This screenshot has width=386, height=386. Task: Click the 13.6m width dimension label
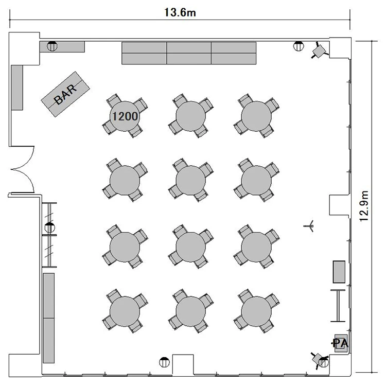(180, 12)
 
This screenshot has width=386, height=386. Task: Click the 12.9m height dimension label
(364, 206)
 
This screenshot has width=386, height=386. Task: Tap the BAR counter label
(65, 94)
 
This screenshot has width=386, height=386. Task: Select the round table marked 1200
(125, 116)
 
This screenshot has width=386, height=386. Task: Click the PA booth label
(341, 343)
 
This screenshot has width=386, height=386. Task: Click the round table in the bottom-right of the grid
(256, 311)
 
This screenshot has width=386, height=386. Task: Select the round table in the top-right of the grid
(256, 116)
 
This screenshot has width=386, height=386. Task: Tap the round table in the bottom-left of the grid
(125, 311)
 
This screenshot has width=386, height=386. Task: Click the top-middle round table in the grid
(191, 116)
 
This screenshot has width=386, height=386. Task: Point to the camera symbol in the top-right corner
(319, 50)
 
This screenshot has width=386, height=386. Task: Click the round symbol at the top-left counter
(52, 46)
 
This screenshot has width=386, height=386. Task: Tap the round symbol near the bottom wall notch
(164, 362)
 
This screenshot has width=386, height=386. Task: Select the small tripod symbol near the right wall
(309, 226)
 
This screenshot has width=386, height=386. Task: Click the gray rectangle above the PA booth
(339, 272)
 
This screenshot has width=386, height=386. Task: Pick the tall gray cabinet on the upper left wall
(17, 87)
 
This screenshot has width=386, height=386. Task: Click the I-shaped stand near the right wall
(338, 306)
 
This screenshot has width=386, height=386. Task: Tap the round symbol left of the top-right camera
(299, 46)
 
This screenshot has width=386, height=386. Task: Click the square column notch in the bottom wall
(183, 365)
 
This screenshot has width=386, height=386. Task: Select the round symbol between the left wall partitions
(50, 227)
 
